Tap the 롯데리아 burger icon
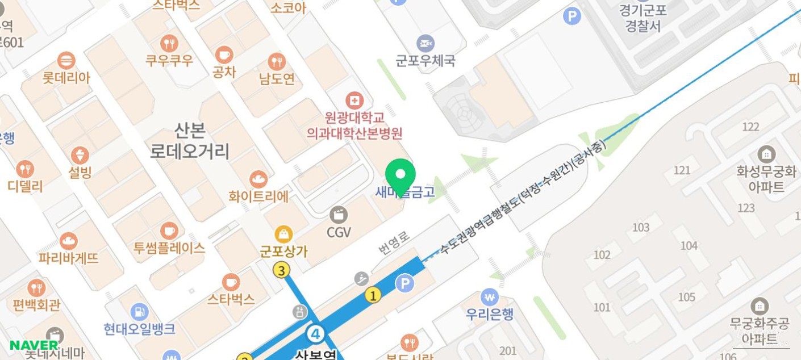(x=66, y=60)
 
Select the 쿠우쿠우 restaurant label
(x=169, y=60)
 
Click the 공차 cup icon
(x=224, y=55)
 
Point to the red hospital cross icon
(x=354, y=101)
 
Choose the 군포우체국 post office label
(x=425, y=60)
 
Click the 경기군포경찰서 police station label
(x=643, y=18)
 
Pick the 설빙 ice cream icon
(x=80, y=156)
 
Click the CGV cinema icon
(x=339, y=215)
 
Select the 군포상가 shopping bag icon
(x=283, y=233)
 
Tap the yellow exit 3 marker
(x=282, y=270)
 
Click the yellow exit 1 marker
(x=373, y=295)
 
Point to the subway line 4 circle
(x=315, y=333)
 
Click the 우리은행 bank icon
(x=489, y=297)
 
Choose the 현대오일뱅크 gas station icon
(x=139, y=311)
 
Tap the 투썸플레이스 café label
(x=169, y=248)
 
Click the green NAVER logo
(x=34, y=345)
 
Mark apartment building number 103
(x=640, y=228)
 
